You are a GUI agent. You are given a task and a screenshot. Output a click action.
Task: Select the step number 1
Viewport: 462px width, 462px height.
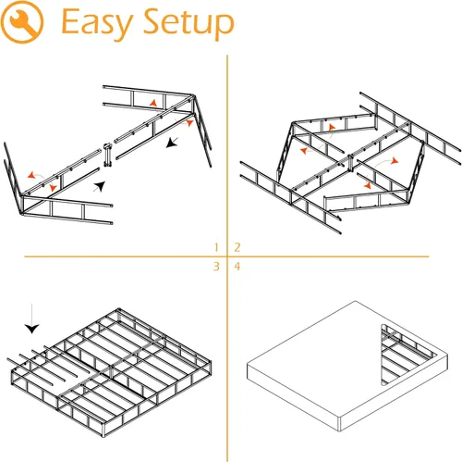[216, 246]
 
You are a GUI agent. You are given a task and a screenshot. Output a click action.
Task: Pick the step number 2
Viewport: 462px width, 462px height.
[237, 246]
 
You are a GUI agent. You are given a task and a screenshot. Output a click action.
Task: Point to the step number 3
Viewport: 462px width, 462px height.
[216, 267]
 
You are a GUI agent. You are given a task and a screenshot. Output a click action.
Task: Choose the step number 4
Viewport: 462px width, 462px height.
[237, 267]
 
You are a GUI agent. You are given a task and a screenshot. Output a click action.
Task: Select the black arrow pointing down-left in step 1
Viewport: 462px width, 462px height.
[173, 144]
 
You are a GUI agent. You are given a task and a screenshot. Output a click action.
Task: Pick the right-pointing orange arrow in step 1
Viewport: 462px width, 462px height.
[188, 121]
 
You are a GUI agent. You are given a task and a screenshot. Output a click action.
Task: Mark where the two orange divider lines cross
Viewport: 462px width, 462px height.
[227, 256]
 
